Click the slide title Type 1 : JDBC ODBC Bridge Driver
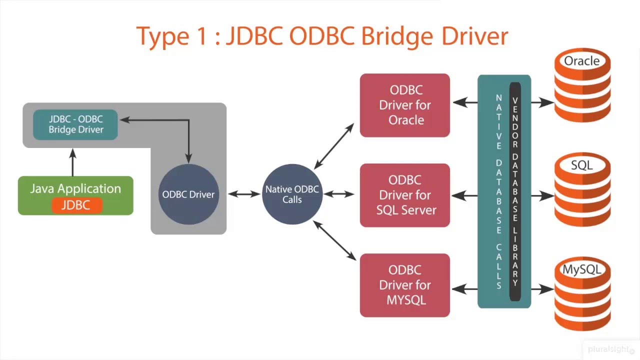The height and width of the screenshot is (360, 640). [x=322, y=36]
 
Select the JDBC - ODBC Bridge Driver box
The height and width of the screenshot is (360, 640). [x=75, y=124]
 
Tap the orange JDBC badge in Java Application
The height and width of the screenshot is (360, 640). [x=76, y=205]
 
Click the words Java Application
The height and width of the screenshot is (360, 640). [x=75, y=188]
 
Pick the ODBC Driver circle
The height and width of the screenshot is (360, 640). [x=188, y=194]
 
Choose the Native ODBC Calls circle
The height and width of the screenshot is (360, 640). [x=292, y=194]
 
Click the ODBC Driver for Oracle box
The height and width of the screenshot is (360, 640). [x=405, y=105]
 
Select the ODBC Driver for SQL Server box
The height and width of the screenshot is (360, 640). [x=405, y=195]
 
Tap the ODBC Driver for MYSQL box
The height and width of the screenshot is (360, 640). [x=405, y=285]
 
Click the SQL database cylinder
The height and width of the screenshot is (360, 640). [x=582, y=190]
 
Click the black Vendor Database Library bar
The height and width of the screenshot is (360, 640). [x=515, y=192]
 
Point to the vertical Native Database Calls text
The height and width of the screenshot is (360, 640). [x=498, y=192]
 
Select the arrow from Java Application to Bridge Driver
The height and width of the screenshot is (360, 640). [x=73, y=162]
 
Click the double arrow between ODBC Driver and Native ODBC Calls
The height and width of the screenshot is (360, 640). [x=244, y=194]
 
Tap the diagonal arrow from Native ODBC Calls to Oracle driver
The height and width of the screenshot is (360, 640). [x=334, y=146]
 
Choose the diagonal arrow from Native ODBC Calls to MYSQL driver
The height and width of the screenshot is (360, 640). [x=334, y=241]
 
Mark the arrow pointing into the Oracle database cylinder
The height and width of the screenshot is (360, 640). [x=542, y=102]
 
